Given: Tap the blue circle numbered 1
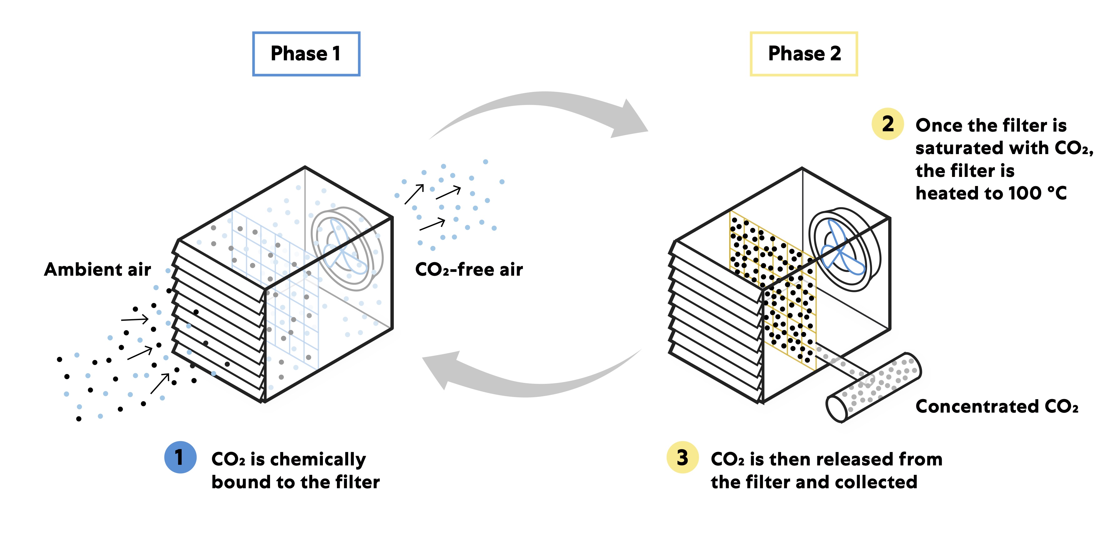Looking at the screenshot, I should [180, 457].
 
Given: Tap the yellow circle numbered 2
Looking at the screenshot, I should [887, 124].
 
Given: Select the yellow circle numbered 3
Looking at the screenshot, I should [682, 457].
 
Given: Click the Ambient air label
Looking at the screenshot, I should [98, 269].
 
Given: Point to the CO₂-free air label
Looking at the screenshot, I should [469, 269].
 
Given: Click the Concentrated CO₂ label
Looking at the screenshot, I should [996, 407].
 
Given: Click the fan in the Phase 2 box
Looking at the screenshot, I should [843, 251].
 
